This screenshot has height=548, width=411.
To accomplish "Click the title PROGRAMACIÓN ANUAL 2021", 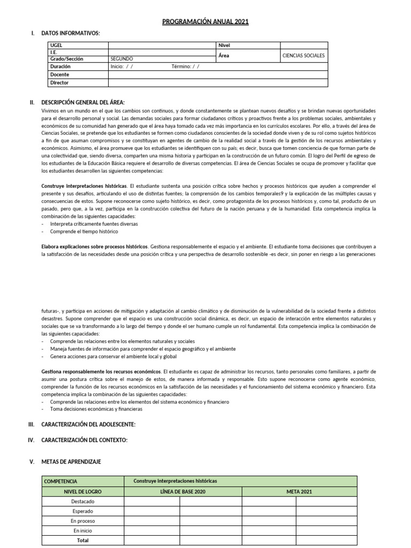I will [x=205, y=21].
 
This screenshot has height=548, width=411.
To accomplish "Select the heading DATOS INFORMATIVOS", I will [x=70, y=33].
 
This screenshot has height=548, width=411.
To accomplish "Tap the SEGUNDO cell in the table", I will [x=121, y=59].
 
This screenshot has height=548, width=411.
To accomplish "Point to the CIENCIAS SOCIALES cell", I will [x=303, y=56].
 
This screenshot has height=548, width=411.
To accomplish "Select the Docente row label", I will [x=59, y=75].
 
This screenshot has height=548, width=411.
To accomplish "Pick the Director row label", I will [x=59, y=83].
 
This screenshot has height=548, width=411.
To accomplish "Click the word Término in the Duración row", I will [x=181, y=67].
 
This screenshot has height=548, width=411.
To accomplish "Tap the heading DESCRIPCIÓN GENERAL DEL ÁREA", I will [x=82, y=102].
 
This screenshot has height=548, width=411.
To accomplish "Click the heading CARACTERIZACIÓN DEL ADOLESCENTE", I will [x=88, y=424].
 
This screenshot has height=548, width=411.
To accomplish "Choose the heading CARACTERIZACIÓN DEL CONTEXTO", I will [x=84, y=440].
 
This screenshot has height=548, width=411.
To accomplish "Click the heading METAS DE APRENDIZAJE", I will [x=71, y=461].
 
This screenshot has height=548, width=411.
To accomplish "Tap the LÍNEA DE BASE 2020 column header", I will [x=182, y=491].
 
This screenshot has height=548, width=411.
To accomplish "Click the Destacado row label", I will [x=82, y=501].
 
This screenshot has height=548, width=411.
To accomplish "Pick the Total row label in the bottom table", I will [x=82, y=540].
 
